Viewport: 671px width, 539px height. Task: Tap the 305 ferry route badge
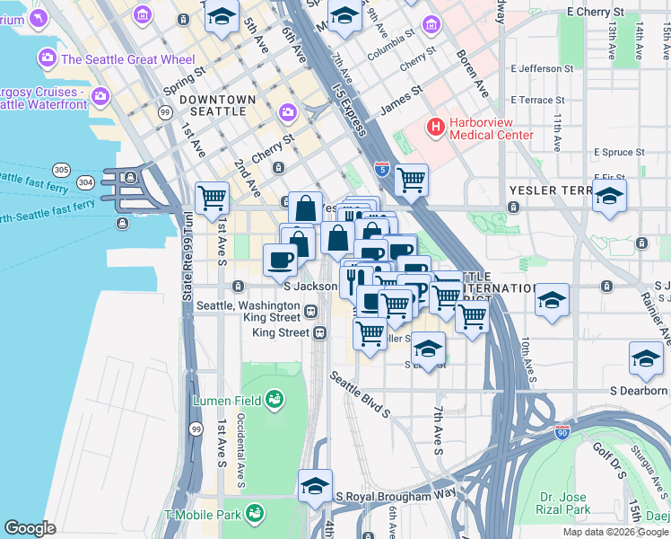[61, 169]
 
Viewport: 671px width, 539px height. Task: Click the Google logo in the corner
[30, 528]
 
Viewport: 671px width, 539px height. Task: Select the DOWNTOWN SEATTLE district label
[213, 105]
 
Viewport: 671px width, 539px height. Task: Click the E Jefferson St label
[542, 68]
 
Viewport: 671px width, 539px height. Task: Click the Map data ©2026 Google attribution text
[614, 532]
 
